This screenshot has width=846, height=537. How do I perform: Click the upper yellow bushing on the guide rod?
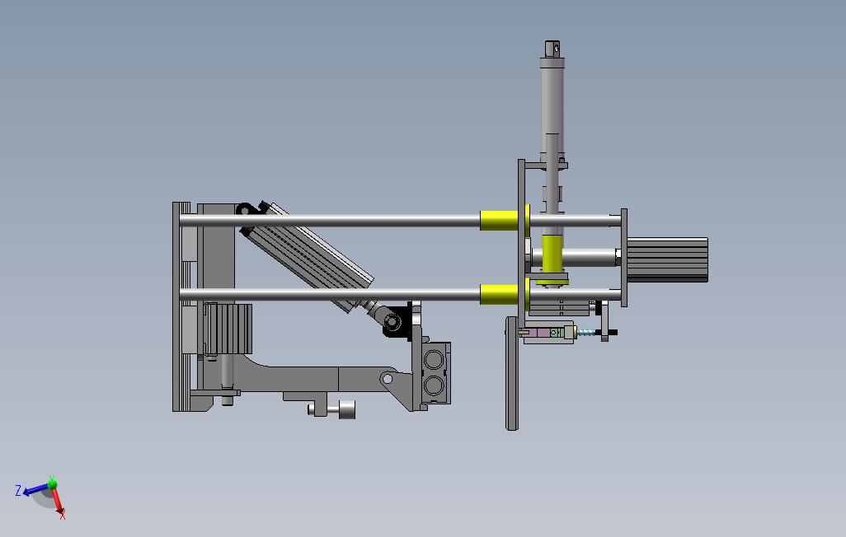499,221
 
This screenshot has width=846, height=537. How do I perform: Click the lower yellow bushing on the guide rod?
499,294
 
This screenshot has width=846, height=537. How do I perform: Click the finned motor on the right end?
667,260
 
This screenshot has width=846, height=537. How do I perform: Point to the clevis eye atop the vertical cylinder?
552,49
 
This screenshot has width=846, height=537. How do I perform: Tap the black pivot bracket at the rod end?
397,320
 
